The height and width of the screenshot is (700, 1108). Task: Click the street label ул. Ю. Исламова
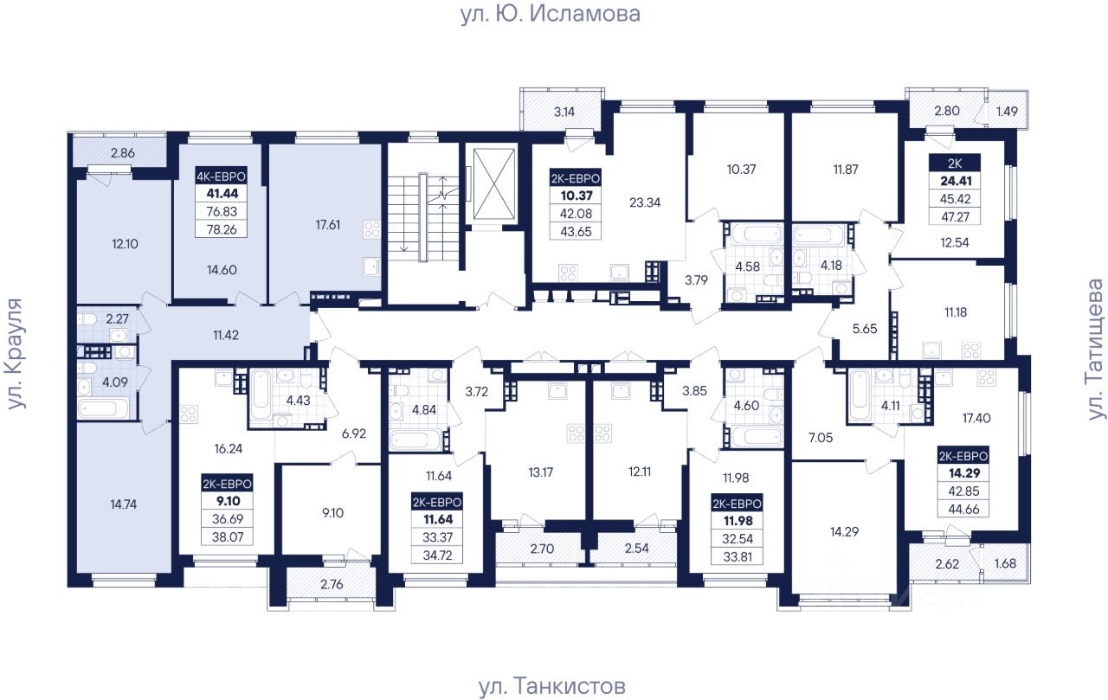point(550,14)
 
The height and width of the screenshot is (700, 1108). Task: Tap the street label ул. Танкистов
point(552,685)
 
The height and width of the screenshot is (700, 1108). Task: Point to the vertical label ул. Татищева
point(1096,350)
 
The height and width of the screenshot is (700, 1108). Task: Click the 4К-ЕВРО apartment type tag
point(221,177)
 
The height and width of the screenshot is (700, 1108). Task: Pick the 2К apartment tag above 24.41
point(955,164)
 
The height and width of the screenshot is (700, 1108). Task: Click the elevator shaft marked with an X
point(494,184)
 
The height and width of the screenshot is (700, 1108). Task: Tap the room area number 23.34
point(645,202)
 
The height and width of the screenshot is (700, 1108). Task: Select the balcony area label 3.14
point(564,112)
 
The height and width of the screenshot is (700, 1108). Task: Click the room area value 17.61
point(327,225)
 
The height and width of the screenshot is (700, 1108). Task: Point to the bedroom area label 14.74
point(123,504)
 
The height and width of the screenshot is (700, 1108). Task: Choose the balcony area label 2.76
point(332,584)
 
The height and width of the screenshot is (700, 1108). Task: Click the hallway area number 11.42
point(226,335)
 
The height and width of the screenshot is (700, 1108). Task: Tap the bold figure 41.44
point(222,193)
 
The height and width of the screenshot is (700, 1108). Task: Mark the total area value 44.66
point(963,509)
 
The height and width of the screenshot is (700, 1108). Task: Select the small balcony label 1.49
point(1007,112)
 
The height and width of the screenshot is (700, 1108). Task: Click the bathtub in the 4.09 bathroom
point(103,408)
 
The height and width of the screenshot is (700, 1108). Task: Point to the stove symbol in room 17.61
point(372,230)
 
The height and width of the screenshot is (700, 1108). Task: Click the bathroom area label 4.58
point(747,267)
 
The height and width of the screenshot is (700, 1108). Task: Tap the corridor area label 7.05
point(820,438)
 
